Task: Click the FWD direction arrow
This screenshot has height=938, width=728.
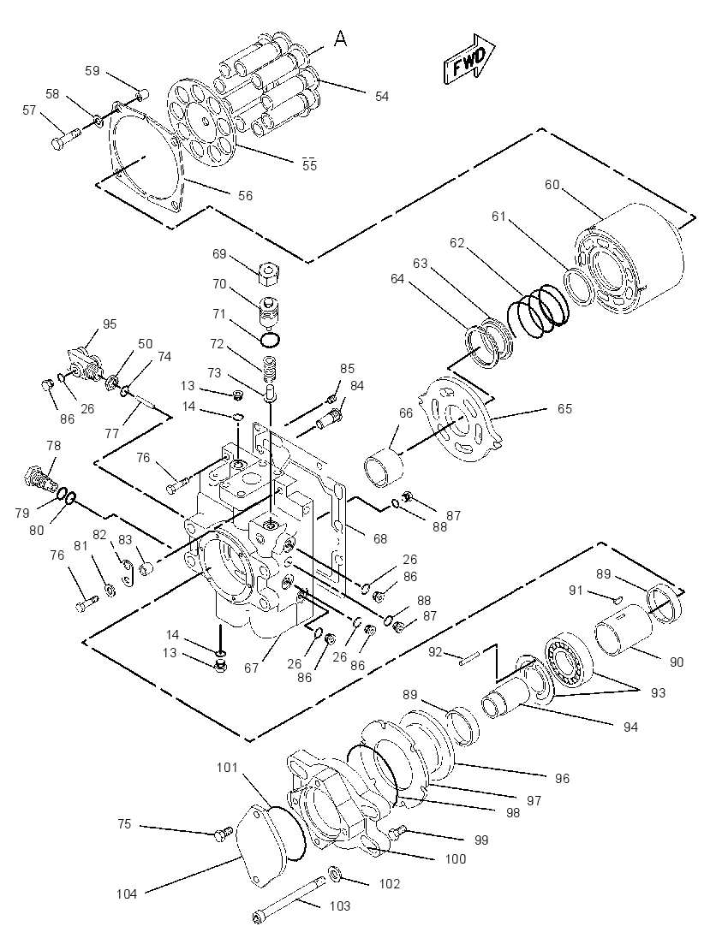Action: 468,58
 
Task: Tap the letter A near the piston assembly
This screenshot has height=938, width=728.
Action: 340,39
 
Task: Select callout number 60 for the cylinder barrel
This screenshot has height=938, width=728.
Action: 552,184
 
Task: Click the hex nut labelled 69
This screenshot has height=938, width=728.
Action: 270,274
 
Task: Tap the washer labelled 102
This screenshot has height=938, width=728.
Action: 335,874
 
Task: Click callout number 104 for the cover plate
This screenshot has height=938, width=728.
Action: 127,893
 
